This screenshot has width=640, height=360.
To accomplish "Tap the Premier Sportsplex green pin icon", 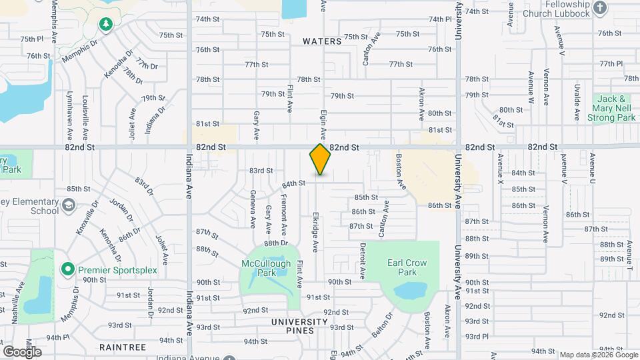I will [x=67, y=269].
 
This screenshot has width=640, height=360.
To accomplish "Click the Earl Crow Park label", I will [x=407, y=267].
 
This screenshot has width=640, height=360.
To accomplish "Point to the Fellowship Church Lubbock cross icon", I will [x=600, y=8].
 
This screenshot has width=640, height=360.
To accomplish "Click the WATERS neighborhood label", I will [x=322, y=41].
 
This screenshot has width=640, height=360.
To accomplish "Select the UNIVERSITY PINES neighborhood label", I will [x=299, y=321].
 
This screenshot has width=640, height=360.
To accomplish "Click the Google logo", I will [x=22, y=351].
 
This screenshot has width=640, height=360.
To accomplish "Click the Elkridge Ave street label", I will [x=315, y=233].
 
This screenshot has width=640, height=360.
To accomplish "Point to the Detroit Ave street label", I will [x=363, y=261].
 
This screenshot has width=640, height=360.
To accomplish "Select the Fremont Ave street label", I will [x=284, y=215].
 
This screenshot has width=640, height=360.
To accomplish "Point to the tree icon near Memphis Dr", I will [x=105, y=25].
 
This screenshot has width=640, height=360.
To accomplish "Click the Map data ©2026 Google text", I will [x=597, y=354].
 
